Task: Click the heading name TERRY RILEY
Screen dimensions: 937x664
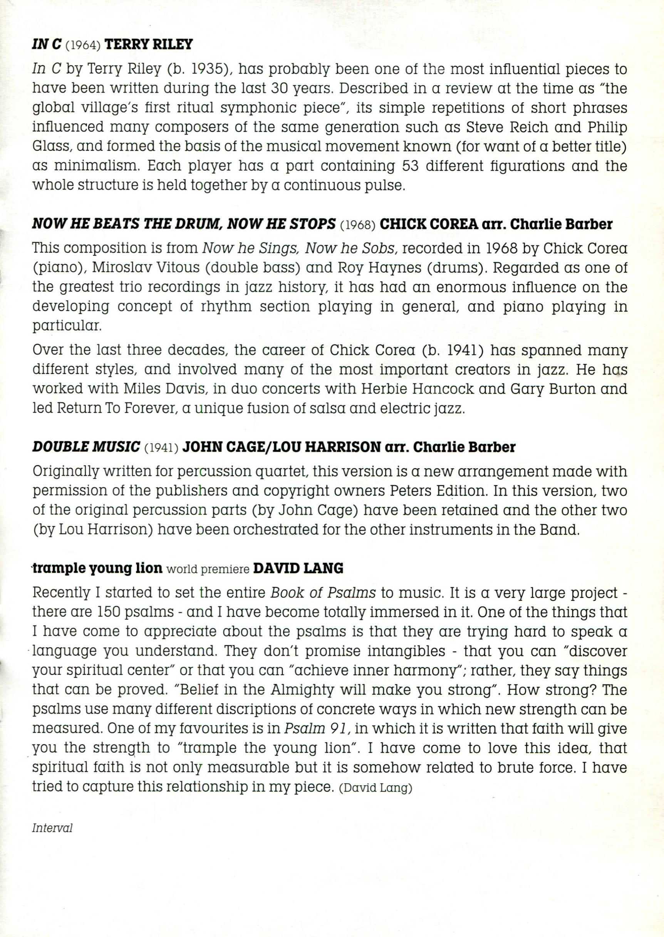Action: coord(148,44)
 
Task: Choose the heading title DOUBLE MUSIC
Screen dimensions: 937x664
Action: coord(86,447)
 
